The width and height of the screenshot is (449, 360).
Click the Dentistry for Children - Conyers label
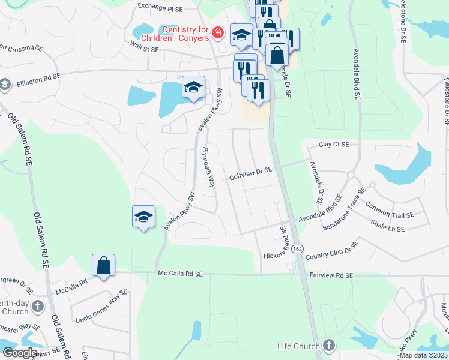pyautogui.click(x=184, y=34)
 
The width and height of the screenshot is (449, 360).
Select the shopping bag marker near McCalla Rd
pyautogui.click(x=103, y=266)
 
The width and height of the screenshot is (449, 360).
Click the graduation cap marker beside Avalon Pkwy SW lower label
pyautogui.click(x=143, y=218)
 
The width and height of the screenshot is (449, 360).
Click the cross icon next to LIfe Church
pyautogui.click(x=328, y=346)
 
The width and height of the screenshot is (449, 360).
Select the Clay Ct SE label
pyautogui.click(x=334, y=145)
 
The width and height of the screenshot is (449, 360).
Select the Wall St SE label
pyautogui.click(x=145, y=47)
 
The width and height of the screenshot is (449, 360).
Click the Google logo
pyautogui.click(x=20, y=353)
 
